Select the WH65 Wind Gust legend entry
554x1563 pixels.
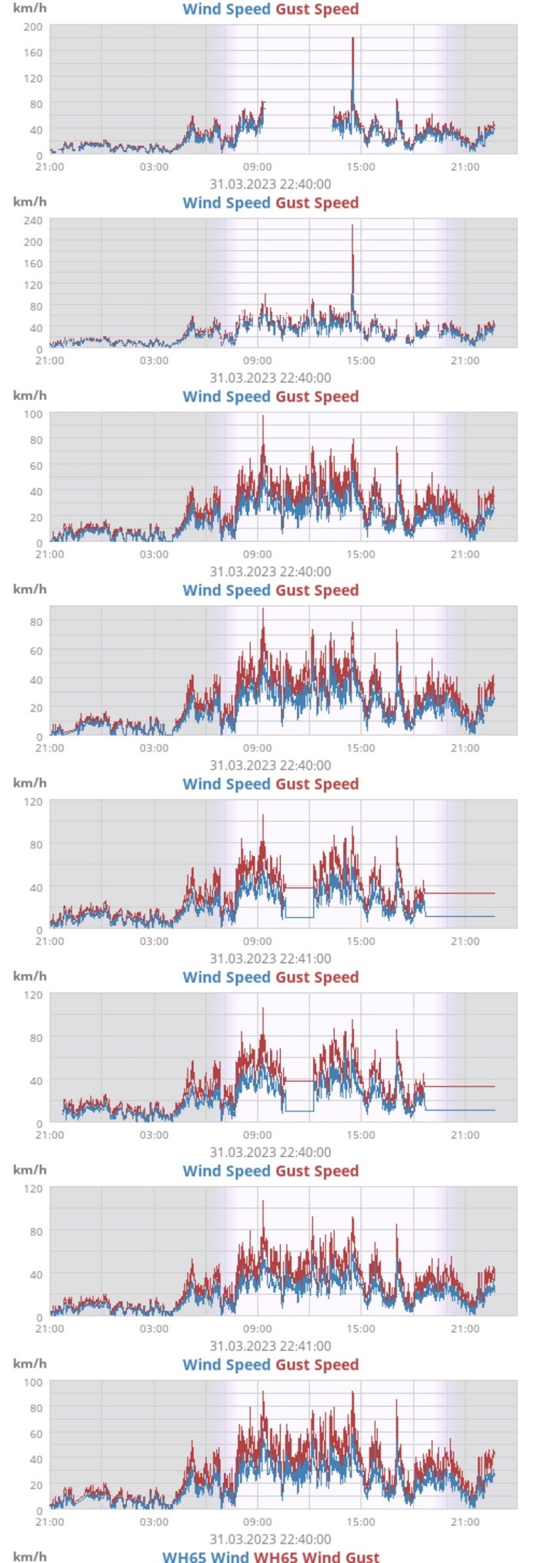point(316,1556)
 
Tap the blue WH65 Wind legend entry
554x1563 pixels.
point(205,1556)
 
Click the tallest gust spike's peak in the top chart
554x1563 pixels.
point(352,38)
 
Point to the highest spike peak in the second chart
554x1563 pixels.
point(352,225)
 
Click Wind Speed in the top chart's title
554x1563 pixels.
point(226,9)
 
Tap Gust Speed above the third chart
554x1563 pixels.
point(317,397)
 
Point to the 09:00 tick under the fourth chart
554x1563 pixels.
point(257,748)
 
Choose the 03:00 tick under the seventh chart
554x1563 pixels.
point(154,1328)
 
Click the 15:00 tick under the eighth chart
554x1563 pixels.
point(361,1522)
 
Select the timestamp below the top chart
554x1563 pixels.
point(270,184)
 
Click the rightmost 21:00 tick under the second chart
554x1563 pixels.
point(465,360)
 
